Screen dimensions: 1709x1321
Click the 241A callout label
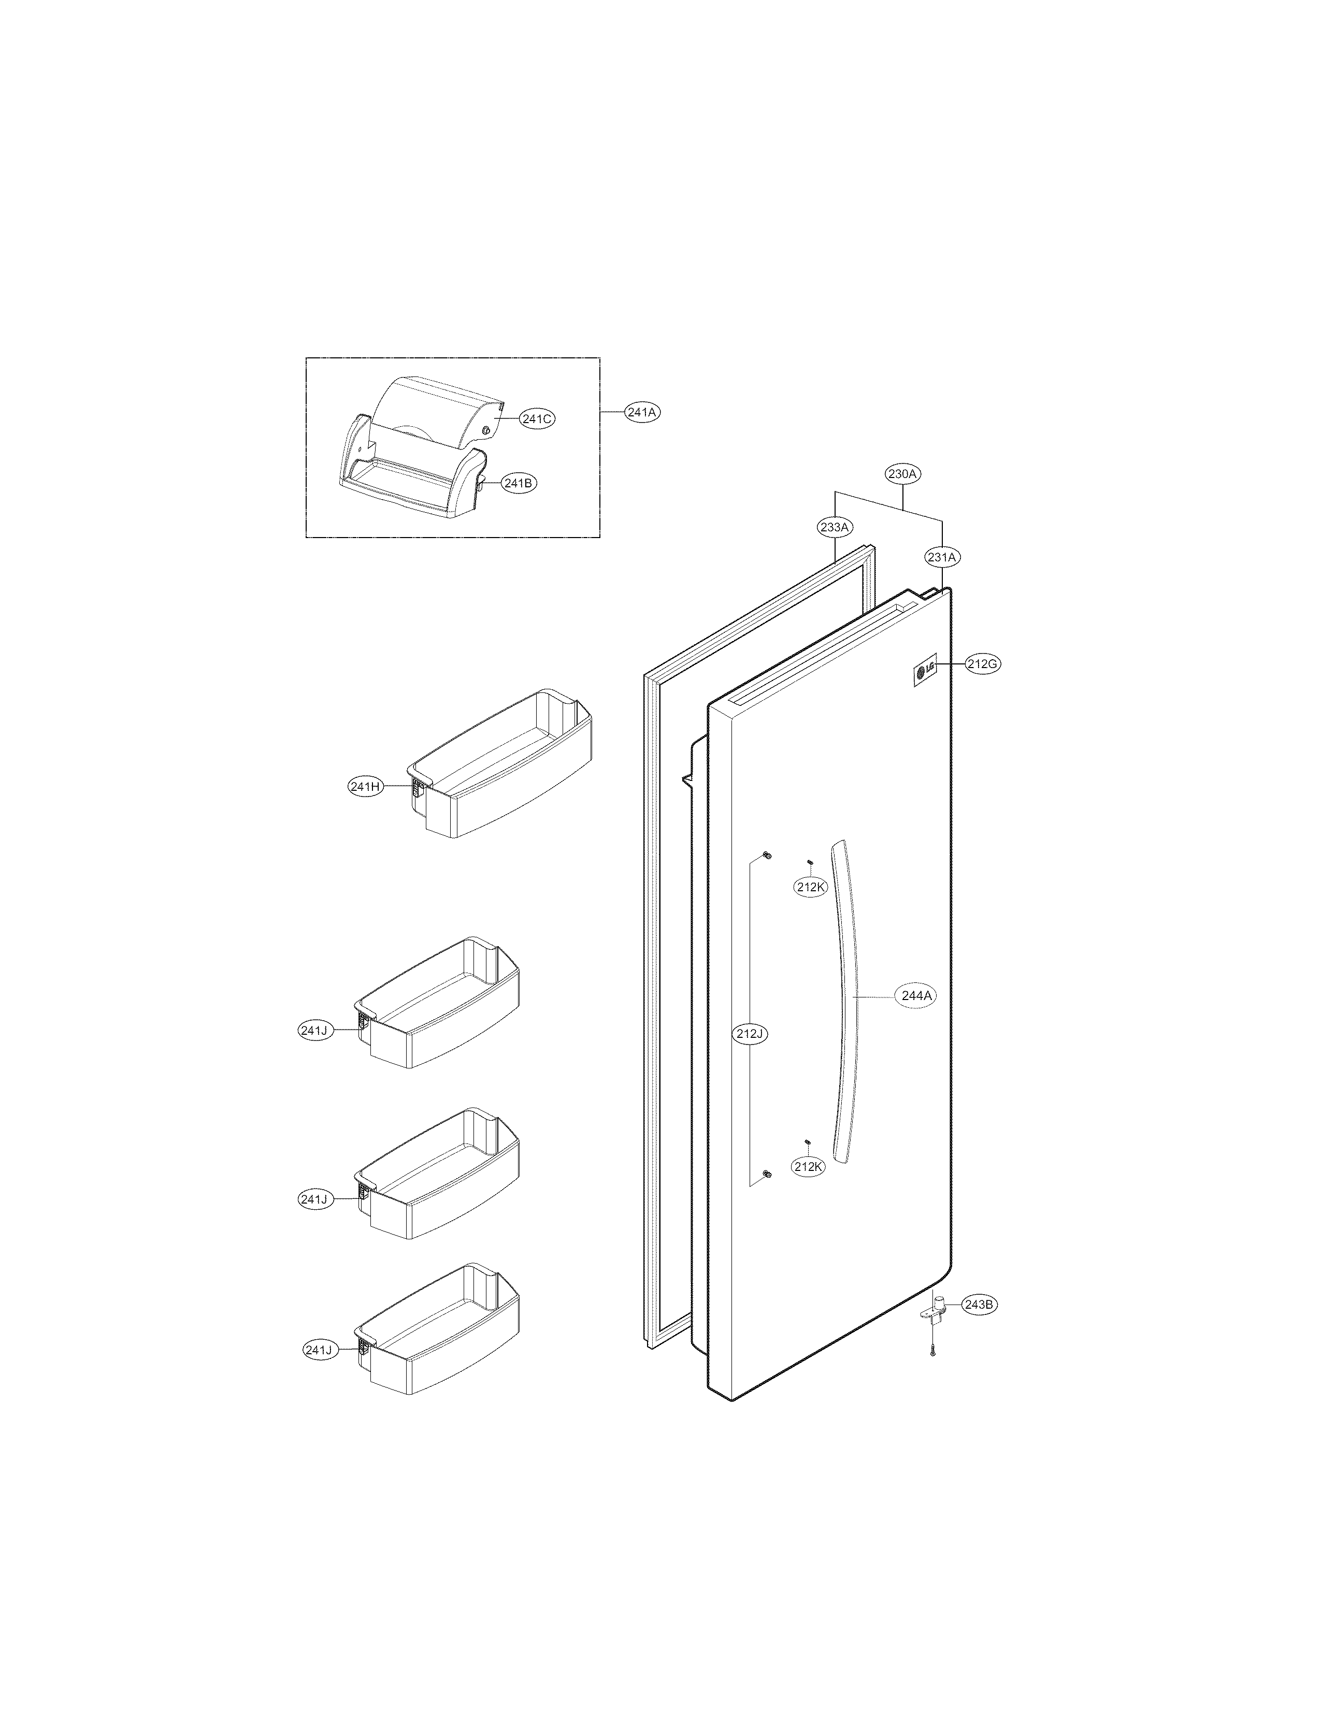[x=642, y=412]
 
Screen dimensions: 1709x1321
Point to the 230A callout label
[x=903, y=473]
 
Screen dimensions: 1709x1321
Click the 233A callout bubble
[x=834, y=527]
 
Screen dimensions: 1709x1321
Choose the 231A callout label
[x=941, y=557]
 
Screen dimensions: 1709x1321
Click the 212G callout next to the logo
[x=982, y=664]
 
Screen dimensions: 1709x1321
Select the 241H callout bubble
[x=365, y=787]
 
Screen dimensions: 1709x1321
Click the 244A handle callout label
[x=916, y=996]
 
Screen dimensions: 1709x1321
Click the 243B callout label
[x=979, y=1305]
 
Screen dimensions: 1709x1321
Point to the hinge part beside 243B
[x=935, y=1311]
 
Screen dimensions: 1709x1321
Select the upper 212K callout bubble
[x=810, y=887]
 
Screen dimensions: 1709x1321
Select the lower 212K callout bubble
[x=808, y=1189]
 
